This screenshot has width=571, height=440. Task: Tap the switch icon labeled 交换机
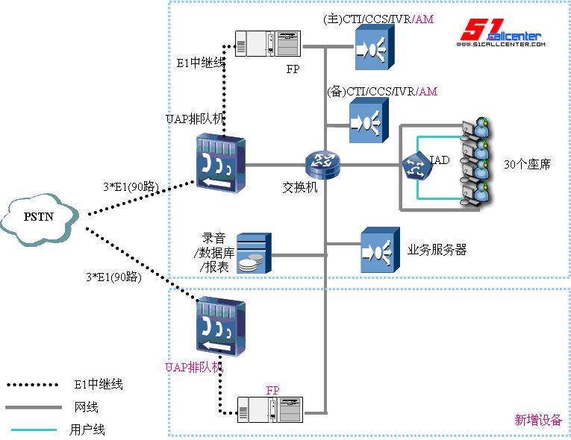(x=322, y=163)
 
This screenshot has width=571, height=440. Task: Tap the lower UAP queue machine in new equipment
(x=219, y=328)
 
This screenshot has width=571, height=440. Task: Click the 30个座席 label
(x=527, y=164)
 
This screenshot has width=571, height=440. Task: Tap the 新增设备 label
(x=537, y=420)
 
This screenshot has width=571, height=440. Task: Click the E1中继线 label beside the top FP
(x=201, y=63)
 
